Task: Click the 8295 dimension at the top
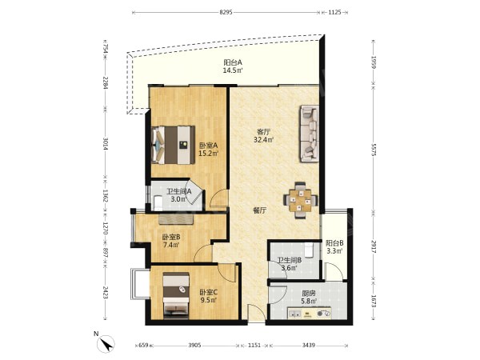[226, 12]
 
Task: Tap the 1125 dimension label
[334, 12]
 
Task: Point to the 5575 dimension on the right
[373, 150]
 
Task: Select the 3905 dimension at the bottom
[194, 346]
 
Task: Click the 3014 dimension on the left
[106, 143]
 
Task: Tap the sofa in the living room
[310, 133]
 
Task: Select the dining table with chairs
[300, 200]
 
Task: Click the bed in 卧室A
[174, 145]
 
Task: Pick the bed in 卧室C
[176, 295]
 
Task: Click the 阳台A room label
[233, 62]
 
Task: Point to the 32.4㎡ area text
[263, 140]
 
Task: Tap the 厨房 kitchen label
[308, 293]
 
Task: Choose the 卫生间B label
[290, 260]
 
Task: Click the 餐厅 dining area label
[259, 210]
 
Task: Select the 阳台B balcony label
[334, 243]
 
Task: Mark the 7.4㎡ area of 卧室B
[171, 245]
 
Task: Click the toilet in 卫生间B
[309, 250]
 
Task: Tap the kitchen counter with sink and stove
[309, 313]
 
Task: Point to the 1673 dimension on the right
[373, 301]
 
